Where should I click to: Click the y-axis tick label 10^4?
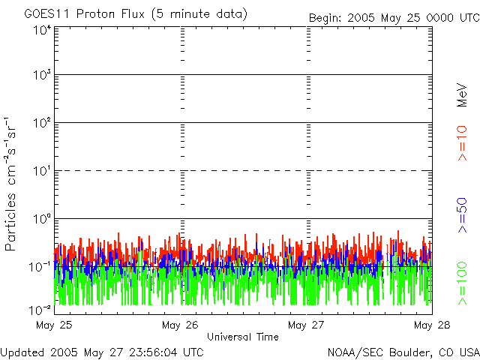[x=42, y=31]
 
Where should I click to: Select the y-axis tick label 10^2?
[x=42, y=124]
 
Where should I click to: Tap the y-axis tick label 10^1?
[x=42, y=172]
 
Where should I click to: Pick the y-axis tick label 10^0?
[x=42, y=220]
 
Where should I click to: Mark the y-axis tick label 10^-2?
[x=40, y=310]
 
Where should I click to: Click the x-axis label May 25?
[x=54, y=325]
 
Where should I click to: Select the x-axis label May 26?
[x=180, y=325]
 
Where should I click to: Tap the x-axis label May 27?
[x=306, y=325]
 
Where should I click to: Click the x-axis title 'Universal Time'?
[x=243, y=337]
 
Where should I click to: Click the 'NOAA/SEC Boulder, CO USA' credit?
[x=403, y=351]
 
